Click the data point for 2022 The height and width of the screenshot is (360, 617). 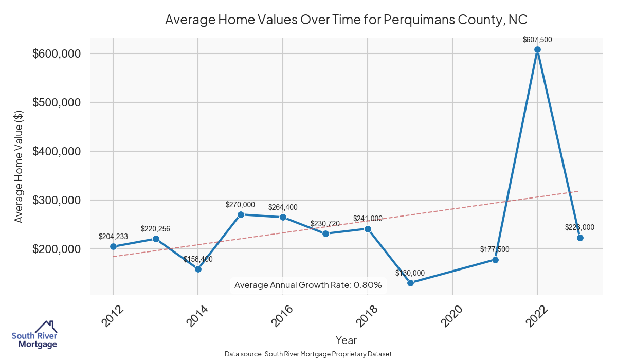537,50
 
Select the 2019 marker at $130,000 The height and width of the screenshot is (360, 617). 410,283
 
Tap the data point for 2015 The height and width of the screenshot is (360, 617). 241,214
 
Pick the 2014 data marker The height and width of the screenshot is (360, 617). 198,269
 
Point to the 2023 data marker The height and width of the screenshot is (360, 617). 580,238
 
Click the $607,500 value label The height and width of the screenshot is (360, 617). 537,39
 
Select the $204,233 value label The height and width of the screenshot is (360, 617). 113,237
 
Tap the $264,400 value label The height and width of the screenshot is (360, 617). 283,207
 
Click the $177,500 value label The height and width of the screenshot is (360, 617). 495,249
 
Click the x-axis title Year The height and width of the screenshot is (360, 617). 346,340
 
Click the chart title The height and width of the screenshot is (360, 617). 346,20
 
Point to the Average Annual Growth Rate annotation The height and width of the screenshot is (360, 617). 308,285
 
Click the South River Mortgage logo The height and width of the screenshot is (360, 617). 34,335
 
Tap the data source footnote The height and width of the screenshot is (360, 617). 308,354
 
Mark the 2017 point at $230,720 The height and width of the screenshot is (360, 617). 325,233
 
